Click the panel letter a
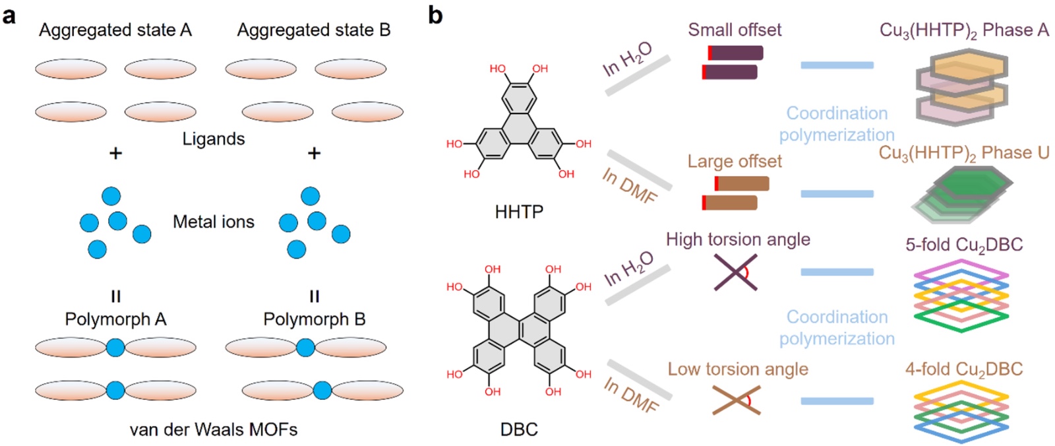9,17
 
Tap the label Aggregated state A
115,30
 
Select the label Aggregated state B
314,30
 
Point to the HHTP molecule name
519,212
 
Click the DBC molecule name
519,430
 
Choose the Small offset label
735,30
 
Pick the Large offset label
735,161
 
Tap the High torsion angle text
738,239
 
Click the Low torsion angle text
738,369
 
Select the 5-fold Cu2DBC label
964,245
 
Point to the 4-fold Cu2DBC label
964,369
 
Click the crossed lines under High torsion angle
736,272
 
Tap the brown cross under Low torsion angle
736,400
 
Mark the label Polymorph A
115,319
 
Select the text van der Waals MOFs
214,430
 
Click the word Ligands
214,139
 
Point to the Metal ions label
214,222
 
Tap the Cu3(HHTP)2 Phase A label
964,30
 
